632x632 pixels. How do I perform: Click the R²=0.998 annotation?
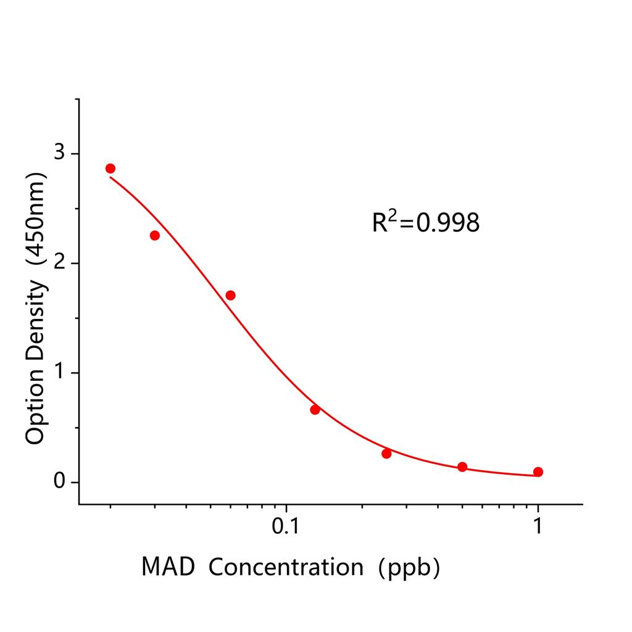click(425, 222)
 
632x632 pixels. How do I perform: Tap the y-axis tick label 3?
click(59, 153)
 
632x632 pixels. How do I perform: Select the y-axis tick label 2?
click(59, 263)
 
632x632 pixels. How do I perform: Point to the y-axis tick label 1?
click(59, 373)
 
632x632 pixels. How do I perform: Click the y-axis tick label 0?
click(59, 481)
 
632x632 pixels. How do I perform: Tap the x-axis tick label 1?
click(538, 526)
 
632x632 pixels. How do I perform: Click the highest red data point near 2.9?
click(110, 168)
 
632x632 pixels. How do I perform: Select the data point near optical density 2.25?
click(155, 235)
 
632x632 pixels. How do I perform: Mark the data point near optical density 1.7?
click(230, 295)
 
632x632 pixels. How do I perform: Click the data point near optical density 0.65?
click(315, 410)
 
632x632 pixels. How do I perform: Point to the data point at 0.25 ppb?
click(386, 454)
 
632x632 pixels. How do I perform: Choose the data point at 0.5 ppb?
click(462, 467)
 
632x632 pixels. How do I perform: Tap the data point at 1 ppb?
click(538, 472)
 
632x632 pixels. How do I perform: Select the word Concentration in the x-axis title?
click(286, 566)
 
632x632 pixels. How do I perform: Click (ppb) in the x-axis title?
click(410, 566)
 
